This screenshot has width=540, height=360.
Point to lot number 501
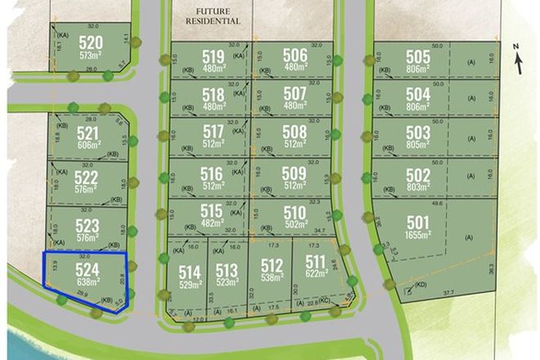[x=417, y=223]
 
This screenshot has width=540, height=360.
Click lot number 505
[x=417, y=57]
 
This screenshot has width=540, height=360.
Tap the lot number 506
[x=295, y=55]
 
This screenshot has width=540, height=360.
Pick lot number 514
[x=190, y=271]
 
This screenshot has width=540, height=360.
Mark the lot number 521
[x=88, y=133]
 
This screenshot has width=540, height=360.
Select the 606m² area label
[x=88, y=146]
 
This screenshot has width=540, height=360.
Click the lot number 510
[x=295, y=213]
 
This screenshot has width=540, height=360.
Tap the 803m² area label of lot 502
[x=417, y=188]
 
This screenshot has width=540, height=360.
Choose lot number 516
[x=212, y=173]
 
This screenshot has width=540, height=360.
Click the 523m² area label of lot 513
[x=227, y=283]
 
